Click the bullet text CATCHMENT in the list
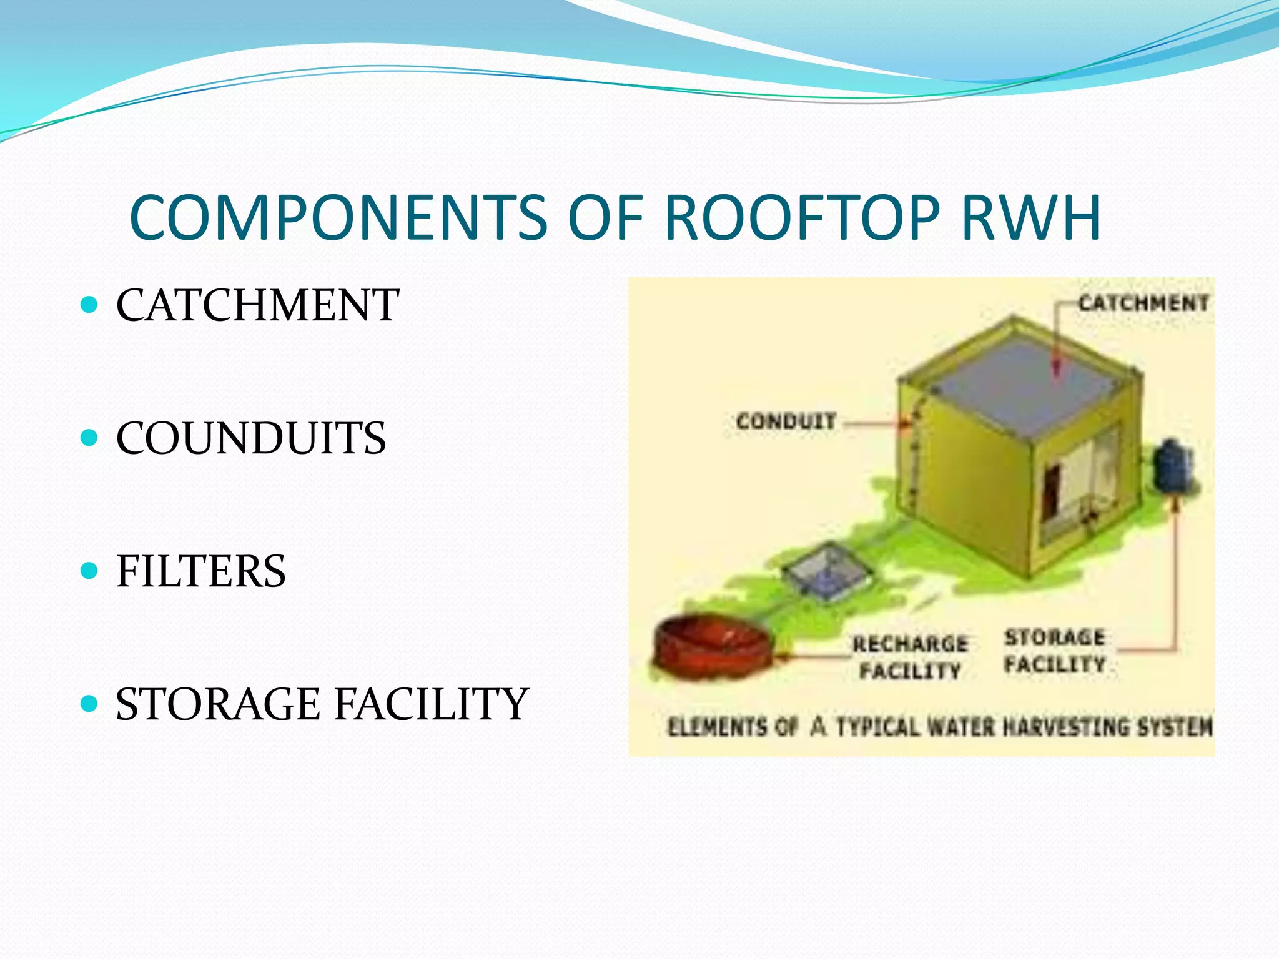pos(257,305)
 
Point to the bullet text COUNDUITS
pos(250,438)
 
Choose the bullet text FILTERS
pos(200,571)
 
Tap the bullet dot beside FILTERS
pos(90,571)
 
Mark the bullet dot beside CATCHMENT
pos(90,305)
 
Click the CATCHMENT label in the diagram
pos(1143,303)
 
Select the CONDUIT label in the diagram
pos(786,421)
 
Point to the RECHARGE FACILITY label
pos(910,657)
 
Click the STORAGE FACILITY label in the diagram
pos(1055,651)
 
